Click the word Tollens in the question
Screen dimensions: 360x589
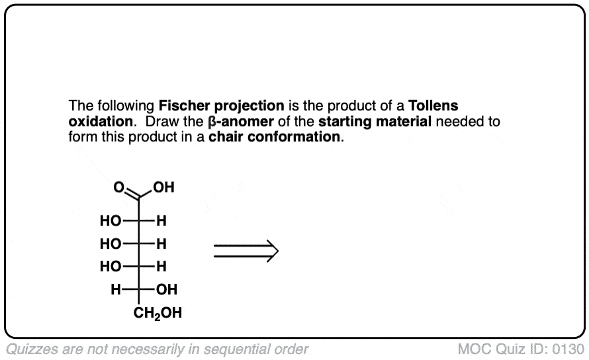click(434, 106)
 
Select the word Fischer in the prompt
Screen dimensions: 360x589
click(183, 106)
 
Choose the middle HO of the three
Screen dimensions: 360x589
click(110, 244)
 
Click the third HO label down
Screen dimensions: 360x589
click(110, 267)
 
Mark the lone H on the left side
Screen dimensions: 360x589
click(115, 289)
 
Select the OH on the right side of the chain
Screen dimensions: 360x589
click(167, 289)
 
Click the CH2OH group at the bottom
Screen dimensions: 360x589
click(158, 312)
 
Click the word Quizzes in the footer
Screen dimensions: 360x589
click(29, 349)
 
